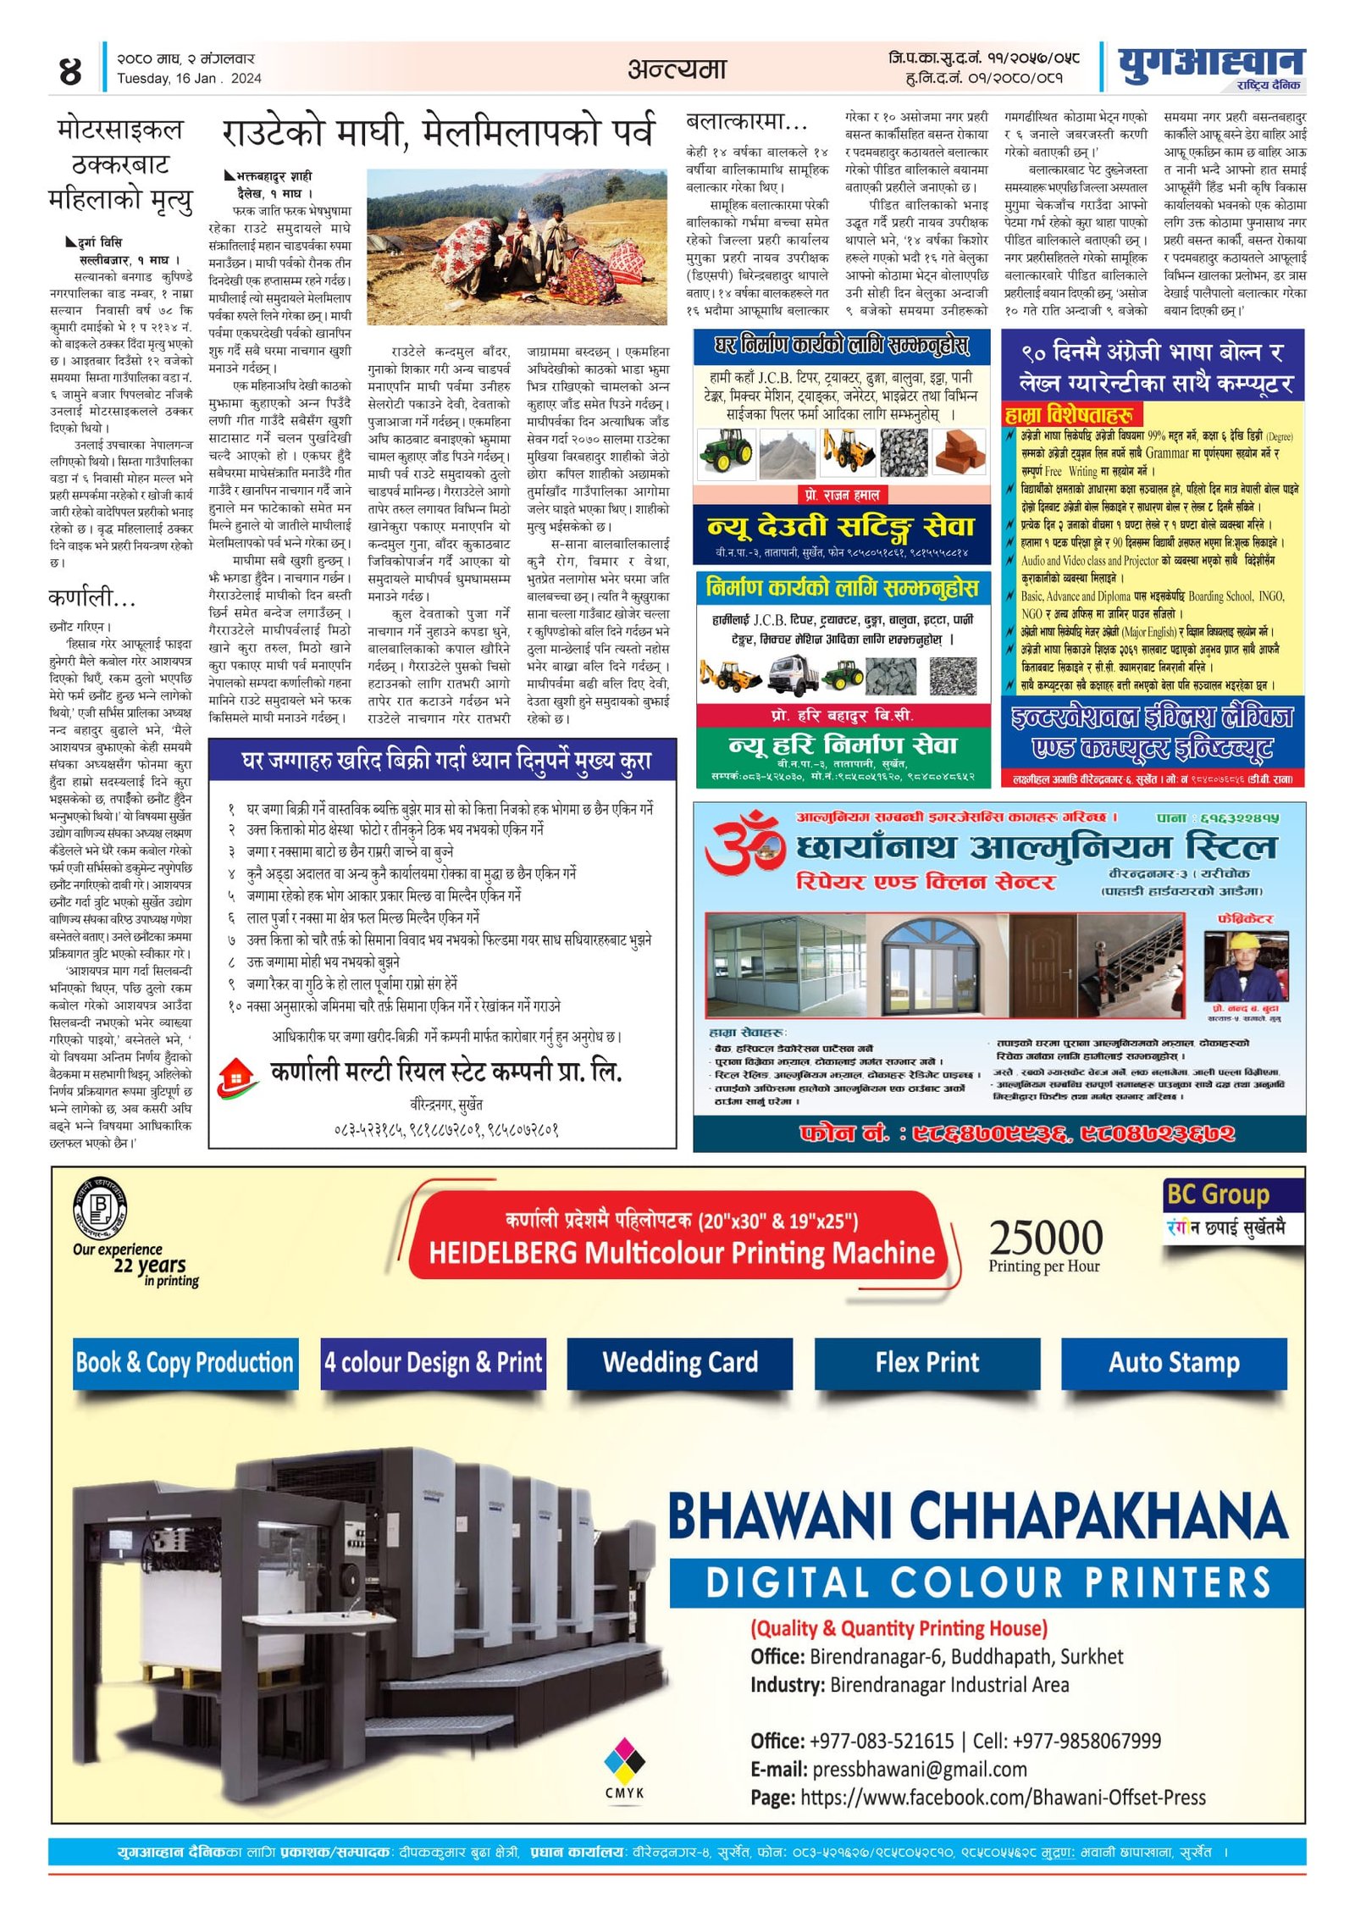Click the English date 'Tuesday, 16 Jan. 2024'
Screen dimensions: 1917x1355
pos(189,79)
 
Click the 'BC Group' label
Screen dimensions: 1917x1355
pos(1218,1195)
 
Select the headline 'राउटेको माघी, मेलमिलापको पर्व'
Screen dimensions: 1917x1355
pos(438,132)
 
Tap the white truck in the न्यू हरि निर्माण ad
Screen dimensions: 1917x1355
pos(796,675)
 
